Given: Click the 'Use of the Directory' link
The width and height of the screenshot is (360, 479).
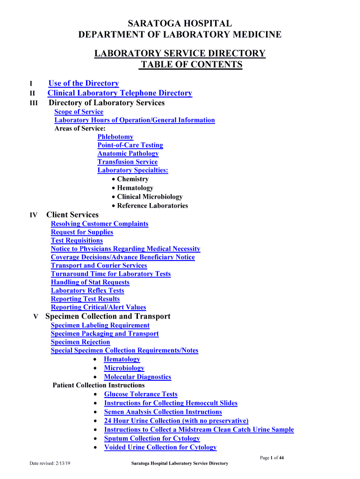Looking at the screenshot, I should (84, 83).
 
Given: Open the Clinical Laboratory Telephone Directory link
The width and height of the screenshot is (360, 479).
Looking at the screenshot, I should (120, 93).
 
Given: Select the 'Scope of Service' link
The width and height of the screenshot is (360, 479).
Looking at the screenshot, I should (79, 112).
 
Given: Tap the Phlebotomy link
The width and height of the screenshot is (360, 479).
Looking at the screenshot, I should (115, 137).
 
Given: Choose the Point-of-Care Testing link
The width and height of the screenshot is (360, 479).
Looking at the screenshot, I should (130, 145).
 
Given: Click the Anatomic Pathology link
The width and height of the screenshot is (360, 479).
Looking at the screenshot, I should (128, 153).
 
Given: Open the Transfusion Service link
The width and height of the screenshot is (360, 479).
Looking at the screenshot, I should (128, 162).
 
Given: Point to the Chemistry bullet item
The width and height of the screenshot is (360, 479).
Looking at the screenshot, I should (133, 179).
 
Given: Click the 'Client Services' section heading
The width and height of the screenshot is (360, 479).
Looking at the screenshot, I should (72, 215).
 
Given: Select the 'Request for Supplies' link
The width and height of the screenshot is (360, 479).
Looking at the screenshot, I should (82, 232).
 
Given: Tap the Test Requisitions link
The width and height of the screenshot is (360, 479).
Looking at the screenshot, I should (77, 240).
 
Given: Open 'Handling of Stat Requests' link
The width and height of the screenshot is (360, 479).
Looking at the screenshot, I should (90, 282).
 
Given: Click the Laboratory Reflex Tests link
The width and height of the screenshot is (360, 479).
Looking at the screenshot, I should (87, 290).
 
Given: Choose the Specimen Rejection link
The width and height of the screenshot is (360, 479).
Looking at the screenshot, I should (80, 342).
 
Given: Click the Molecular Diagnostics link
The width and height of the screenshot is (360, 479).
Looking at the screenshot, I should (137, 377).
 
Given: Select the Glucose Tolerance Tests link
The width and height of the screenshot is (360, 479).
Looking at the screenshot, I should (141, 394).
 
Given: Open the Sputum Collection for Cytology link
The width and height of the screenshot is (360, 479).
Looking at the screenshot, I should (152, 439).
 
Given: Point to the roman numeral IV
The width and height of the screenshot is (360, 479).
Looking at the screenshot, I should (34, 215).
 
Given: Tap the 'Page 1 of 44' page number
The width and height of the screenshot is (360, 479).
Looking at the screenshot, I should (272, 458).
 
